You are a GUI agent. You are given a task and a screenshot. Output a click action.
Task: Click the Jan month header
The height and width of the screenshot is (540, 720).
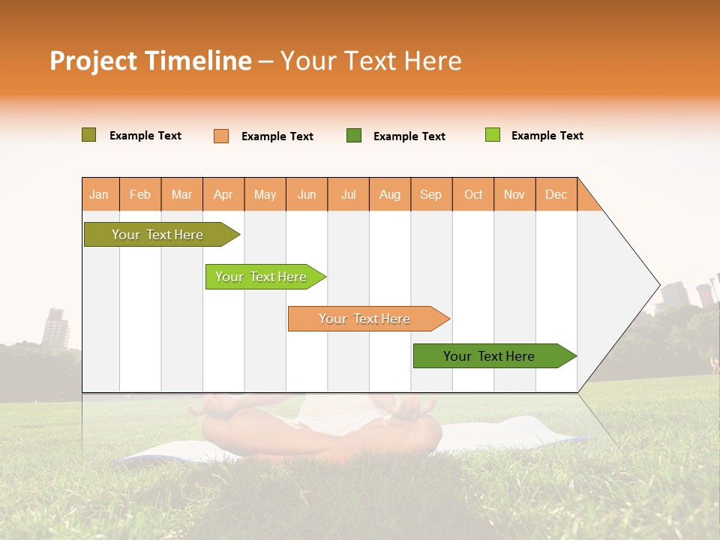99,194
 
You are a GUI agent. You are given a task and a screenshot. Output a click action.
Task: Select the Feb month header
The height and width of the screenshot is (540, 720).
140,194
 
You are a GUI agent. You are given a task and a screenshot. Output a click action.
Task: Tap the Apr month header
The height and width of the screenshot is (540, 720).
223,194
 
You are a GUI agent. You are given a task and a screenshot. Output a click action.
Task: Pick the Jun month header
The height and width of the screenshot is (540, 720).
307,194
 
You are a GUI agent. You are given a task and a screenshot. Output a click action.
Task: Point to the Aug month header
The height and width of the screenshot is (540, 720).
390,194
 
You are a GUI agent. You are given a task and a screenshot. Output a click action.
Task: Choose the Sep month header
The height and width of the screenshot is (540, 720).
431,194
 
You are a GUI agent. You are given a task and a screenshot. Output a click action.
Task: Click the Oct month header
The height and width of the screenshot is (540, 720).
473,194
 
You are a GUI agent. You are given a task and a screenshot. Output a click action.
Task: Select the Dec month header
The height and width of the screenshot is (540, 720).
556,194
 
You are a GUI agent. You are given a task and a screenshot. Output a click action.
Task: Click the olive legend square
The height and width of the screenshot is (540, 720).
89,135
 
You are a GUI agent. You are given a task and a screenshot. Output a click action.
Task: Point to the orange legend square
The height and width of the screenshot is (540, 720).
221,136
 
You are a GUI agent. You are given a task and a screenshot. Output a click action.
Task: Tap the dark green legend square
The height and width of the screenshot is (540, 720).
354,135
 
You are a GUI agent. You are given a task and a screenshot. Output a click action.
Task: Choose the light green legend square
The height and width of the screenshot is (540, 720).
493,135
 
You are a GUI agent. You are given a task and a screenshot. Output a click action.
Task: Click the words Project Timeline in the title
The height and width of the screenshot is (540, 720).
151,61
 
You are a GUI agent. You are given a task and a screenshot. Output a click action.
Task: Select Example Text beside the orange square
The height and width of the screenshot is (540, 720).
277,136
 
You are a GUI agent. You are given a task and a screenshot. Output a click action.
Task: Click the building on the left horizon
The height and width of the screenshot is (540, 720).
55,328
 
